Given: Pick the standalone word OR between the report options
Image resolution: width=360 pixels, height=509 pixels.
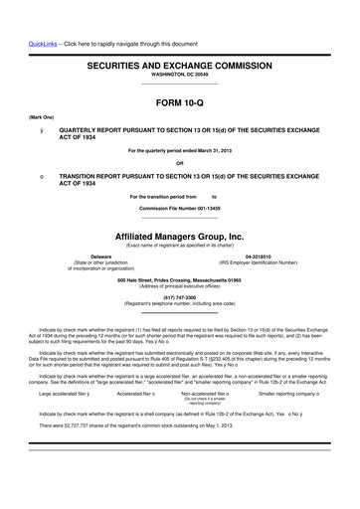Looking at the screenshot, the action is pos(179,163).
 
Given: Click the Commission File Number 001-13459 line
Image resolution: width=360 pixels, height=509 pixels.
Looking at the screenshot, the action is pos(179,208).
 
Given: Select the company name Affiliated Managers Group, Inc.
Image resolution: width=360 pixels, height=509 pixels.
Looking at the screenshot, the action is pos(179,237).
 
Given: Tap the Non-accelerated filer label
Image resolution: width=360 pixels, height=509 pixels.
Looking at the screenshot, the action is pos(204,395).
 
